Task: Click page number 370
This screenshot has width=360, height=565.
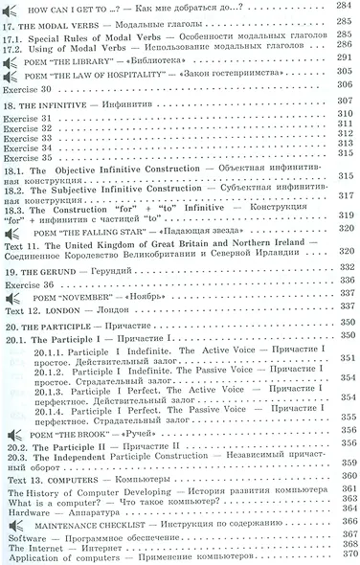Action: click(x=346, y=557)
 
